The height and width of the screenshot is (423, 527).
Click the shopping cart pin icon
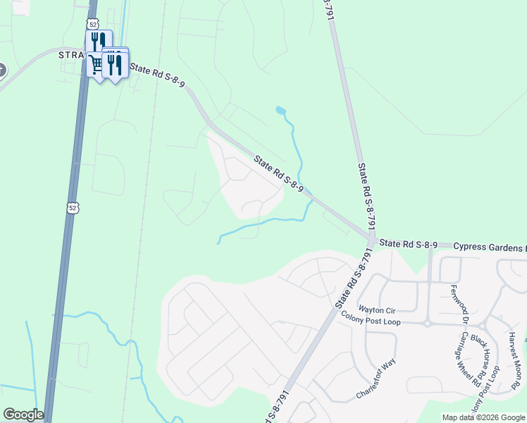95,66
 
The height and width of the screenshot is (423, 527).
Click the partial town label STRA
71,55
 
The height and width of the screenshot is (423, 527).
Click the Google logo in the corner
23,415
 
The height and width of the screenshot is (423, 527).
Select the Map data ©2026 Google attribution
483,417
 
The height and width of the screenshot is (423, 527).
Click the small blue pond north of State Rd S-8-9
280,110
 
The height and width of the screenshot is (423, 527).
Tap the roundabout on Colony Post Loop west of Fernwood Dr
428,324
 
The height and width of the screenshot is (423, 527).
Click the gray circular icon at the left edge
1,70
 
